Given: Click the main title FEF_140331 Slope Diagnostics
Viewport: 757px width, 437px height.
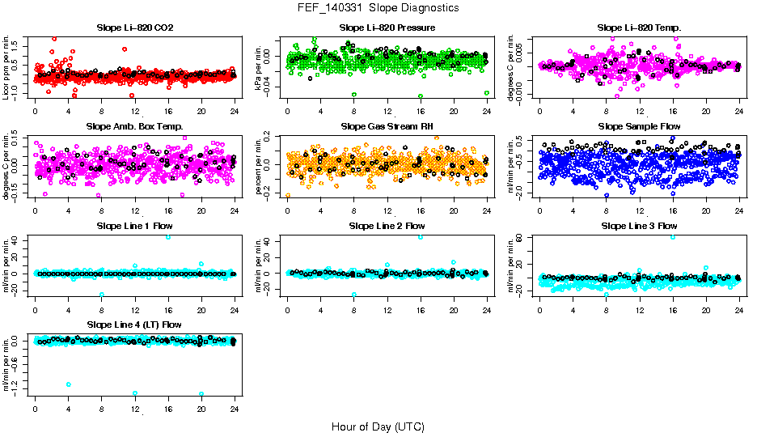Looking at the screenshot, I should click(378, 7).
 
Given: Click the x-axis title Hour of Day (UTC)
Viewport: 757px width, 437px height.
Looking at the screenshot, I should click(378, 426).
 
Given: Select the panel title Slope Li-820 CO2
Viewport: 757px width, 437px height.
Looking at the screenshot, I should click(134, 28).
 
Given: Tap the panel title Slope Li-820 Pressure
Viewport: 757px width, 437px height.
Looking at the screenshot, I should click(387, 28).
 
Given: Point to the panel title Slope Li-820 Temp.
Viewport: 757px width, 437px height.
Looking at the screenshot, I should click(639, 28).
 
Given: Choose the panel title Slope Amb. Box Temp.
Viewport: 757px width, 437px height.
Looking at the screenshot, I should click(134, 127).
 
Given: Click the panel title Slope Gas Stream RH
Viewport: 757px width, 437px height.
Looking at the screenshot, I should click(387, 127).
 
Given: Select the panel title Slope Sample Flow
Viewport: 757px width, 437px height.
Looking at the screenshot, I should click(639, 127).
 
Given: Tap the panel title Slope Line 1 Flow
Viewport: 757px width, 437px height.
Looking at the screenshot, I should click(134, 226).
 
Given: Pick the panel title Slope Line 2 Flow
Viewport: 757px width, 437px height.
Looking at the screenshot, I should click(387, 226).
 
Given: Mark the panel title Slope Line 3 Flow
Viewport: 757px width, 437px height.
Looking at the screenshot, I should click(639, 226).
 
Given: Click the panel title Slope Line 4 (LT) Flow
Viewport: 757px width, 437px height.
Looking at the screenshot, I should click(134, 325).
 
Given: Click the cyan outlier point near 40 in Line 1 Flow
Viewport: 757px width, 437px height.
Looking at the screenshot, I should click(168, 237).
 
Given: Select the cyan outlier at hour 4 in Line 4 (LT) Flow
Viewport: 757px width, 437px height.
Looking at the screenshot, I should click(69, 384).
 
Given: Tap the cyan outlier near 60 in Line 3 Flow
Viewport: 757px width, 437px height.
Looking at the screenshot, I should click(673, 237).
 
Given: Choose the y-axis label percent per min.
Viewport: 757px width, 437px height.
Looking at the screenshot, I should click(260, 167).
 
